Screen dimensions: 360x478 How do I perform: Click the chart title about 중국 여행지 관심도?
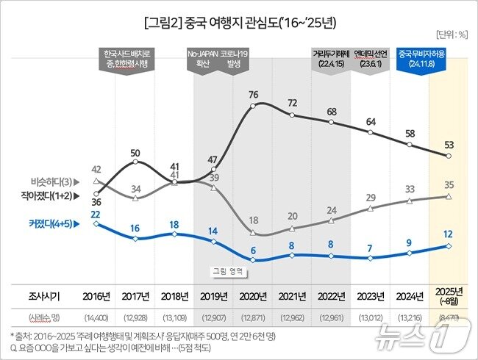coord(240,23)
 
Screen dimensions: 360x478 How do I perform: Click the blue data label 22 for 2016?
coord(96,213)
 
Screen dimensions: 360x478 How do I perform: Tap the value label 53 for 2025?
coord(449,143)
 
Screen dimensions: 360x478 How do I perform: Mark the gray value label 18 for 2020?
coord(253,220)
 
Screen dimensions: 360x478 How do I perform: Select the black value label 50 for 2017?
coord(135,153)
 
